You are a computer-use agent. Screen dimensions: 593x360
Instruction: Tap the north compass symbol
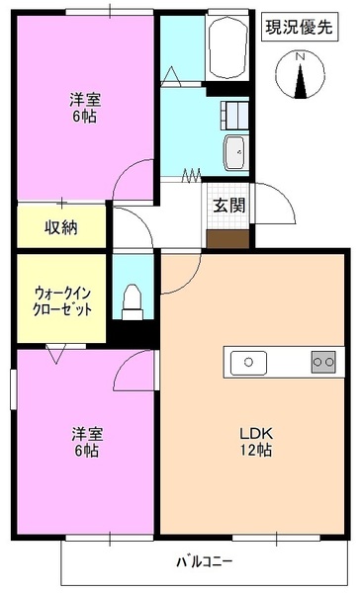[x=301, y=78]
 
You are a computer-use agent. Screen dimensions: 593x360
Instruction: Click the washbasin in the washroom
[x=235, y=153]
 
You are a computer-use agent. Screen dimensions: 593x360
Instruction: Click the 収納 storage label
[x=61, y=227]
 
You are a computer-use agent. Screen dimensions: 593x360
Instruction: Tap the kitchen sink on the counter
[x=249, y=363]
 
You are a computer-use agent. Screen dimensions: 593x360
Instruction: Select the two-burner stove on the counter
[x=322, y=363]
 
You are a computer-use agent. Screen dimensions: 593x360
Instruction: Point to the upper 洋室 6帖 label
[x=84, y=108]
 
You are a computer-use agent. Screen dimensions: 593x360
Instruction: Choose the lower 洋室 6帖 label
[x=84, y=442]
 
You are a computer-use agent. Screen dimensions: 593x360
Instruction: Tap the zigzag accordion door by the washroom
[x=192, y=176]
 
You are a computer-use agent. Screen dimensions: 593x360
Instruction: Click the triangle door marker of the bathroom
[x=170, y=74]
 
